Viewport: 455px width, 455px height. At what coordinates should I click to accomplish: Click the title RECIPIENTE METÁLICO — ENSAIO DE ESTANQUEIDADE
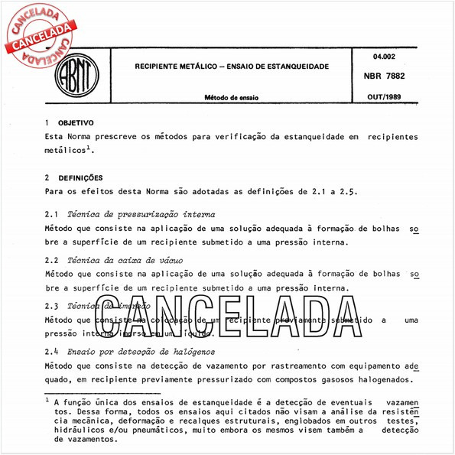(x=232, y=67)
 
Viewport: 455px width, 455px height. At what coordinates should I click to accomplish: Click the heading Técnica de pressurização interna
(x=141, y=215)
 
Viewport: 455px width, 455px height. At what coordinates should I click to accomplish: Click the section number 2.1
(x=52, y=215)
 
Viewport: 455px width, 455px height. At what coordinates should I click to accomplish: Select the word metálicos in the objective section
(x=67, y=151)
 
